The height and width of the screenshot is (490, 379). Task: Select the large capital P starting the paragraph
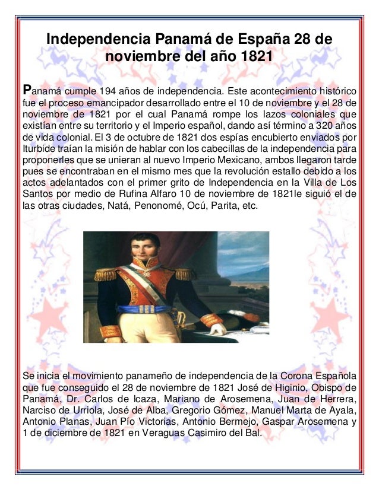point(26,90)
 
